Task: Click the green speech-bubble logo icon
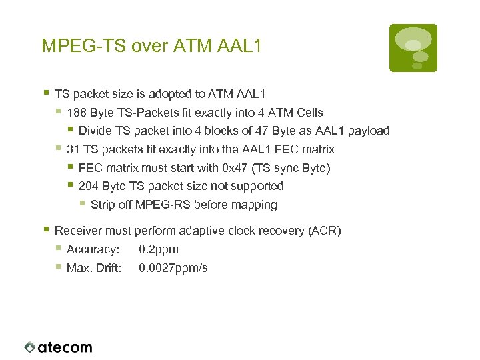[413, 47]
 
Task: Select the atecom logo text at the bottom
[65, 347]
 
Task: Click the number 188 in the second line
[76, 113]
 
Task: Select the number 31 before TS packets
[73, 149]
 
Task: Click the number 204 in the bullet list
[89, 186]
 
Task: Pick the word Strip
[103, 205]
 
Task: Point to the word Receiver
[79, 231]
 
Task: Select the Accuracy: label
[93, 249]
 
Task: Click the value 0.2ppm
[159, 249]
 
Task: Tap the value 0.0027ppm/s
[173, 268]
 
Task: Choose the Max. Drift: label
[94, 268]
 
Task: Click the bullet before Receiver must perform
[46, 230]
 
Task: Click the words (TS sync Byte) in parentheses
[290, 168]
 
